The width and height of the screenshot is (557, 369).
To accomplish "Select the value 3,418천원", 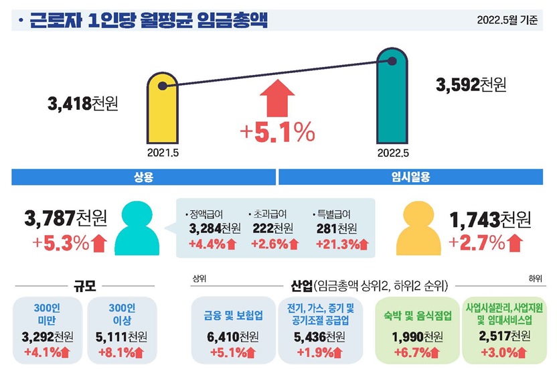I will [x=83, y=105].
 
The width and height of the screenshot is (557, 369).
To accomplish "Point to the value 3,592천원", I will [x=471, y=85].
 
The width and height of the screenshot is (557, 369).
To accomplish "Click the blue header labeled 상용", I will [x=144, y=177].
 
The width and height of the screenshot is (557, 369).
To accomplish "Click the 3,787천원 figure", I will [x=65, y=218].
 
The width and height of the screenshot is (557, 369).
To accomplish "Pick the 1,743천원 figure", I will [x=490, y=218].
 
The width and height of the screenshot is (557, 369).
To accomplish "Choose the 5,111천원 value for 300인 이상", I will [x=123, y=336].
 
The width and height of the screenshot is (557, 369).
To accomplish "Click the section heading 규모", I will [x=85, y=286].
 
